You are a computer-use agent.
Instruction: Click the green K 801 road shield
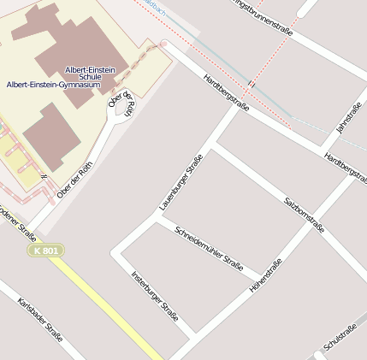[x=46, y=251]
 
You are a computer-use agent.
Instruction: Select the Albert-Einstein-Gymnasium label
[x=53, y=86]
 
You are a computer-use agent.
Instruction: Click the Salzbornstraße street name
[x=304, y=215]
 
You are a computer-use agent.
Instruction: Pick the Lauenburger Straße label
[x=181, y=183]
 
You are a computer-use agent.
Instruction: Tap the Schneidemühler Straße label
[x=209, y=248]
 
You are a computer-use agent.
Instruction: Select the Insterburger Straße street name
[x=154, y=295]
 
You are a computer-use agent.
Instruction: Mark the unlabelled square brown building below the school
[x=51, y=132]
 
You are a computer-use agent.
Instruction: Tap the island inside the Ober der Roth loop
[x=121, y=107]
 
